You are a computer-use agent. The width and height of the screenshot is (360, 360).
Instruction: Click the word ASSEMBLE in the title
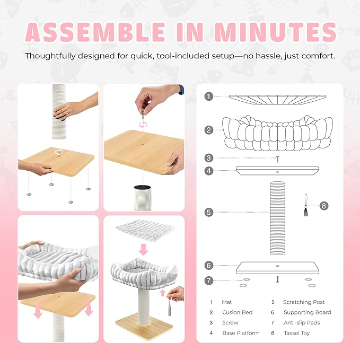click(x=95, y=32)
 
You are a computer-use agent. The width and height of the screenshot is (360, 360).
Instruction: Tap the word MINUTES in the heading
click(x=275, y=32)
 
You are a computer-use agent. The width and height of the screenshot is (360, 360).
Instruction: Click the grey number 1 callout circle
click(x=209, y=96)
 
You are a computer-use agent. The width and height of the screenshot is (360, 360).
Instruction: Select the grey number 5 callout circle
click(x=209, y=212)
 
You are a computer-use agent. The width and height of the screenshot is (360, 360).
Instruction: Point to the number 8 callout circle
click(x=324, y=206)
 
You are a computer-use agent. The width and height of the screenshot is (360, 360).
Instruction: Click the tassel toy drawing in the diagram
click(x=306, y=205)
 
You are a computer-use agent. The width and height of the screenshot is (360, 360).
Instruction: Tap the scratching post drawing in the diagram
click(x=277, y=218)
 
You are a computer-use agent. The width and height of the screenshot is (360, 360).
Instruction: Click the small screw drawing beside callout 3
click(x=277, y=159)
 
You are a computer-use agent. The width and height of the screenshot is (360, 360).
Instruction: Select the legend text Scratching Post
click(x=304, y=302)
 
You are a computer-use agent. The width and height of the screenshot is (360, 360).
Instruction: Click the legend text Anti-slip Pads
click(x=302, y=322)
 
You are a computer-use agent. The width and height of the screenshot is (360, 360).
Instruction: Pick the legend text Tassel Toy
click(x=296, y=333)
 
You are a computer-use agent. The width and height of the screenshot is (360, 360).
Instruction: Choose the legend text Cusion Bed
click(x=238, y=312)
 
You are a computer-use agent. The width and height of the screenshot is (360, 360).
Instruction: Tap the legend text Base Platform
click(x=241, y=333)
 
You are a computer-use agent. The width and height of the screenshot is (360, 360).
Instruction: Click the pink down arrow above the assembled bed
click(x=144, y=250)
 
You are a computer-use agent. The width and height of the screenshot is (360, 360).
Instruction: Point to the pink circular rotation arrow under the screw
click(x=143, y=125)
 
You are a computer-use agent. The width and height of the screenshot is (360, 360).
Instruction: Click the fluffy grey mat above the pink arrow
click(x=145, y=230)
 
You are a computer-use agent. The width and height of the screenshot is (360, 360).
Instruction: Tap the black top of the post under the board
click(x=142, y=187)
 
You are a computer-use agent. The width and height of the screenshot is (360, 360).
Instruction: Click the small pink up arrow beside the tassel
click(x=163, y=293)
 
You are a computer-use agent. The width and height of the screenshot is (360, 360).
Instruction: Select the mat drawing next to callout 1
click(x=277, y=100)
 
